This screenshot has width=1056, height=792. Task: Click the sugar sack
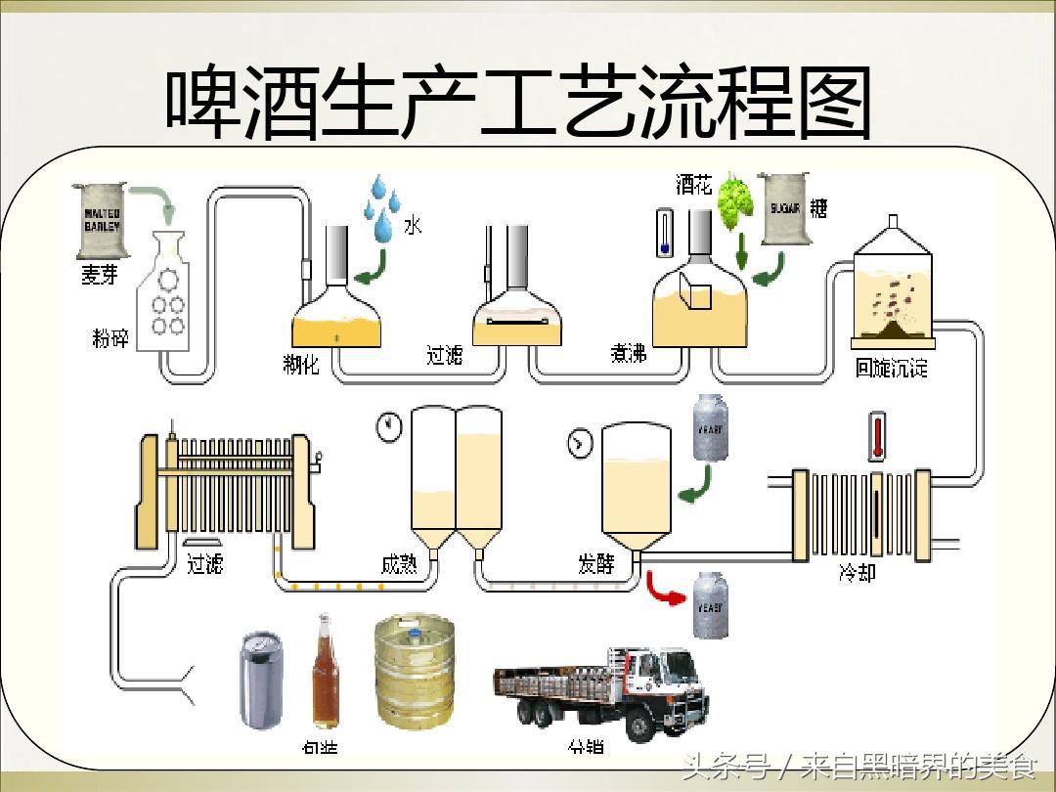point(785,208)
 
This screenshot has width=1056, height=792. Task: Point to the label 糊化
point(302,364)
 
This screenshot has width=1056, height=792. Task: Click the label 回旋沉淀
point(891,368)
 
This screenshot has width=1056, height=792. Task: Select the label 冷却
point(857,573)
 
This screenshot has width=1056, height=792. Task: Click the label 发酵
point(597,563)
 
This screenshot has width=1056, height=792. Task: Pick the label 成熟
point(400,564)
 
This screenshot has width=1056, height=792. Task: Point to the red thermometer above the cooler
point(877,437)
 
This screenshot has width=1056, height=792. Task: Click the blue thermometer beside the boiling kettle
point(665,233)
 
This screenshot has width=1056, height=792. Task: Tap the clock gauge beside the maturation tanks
point(389,426)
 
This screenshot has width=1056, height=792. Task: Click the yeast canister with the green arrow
point(711,427)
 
